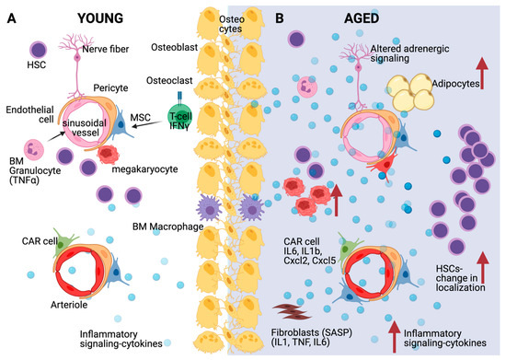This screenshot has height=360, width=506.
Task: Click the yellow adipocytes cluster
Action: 412,94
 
